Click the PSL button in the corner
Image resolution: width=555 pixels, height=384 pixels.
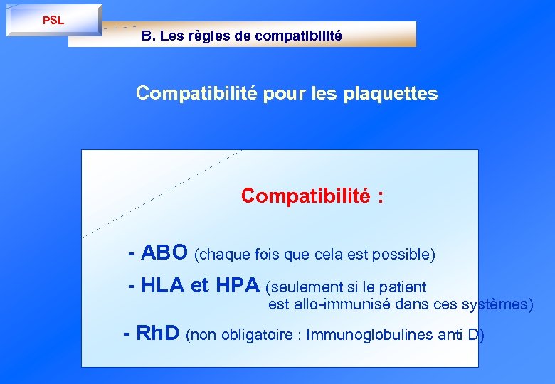[x=53, y=20]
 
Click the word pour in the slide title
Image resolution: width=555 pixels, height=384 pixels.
[x=285, y=93]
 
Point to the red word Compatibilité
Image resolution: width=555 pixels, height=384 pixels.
[x=305, y=196]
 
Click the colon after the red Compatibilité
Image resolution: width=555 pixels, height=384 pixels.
[x=381, y=197]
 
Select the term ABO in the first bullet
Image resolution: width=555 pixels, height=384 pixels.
[x=164, y=252]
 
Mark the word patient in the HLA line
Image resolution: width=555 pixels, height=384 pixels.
[x=403, y=287]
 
